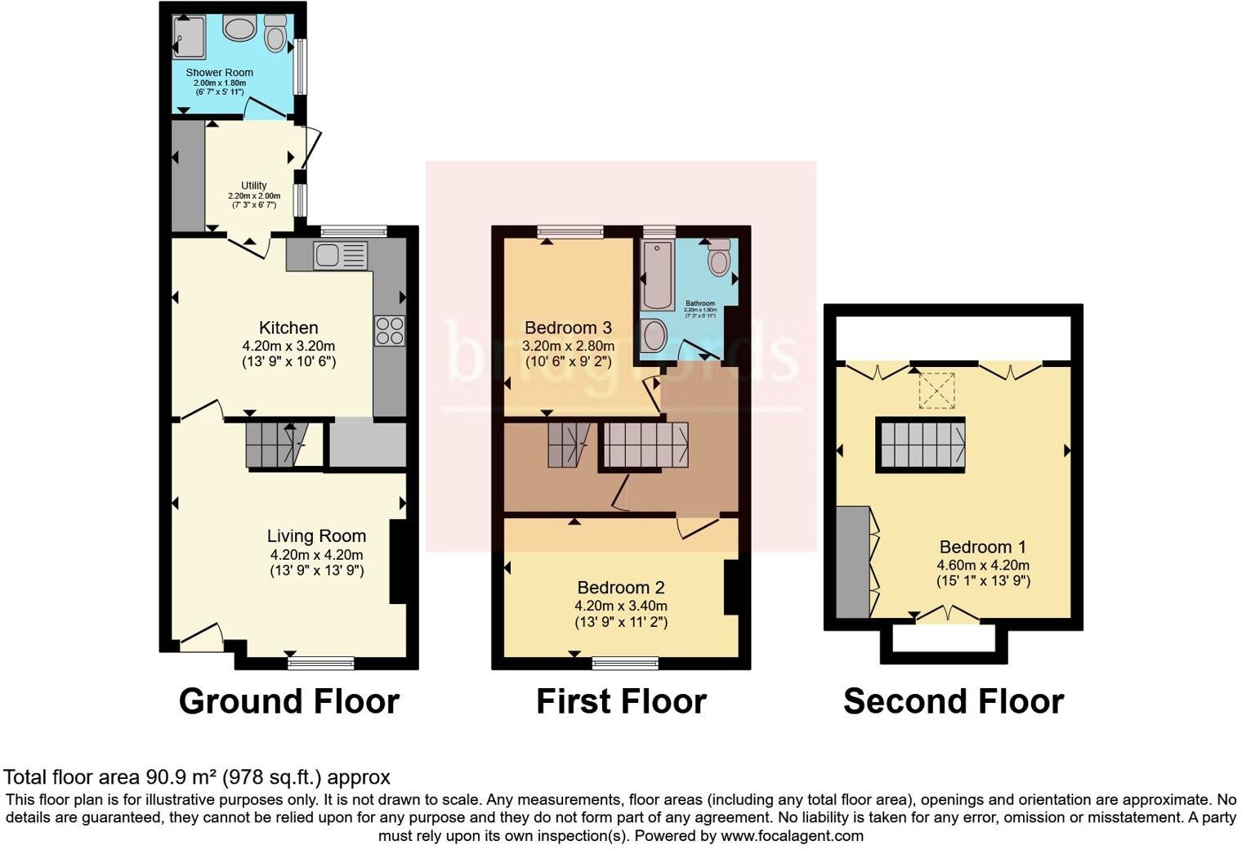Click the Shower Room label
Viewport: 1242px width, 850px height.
coord(219,73)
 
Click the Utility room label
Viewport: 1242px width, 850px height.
coord(253,186)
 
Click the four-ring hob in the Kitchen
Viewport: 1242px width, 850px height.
coord(389,331)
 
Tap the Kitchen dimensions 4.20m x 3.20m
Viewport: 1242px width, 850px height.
coord(288,346)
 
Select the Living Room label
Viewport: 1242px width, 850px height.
coord(316,536)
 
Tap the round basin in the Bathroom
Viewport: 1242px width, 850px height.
coord(654,335)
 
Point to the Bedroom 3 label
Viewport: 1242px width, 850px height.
coord(568,328)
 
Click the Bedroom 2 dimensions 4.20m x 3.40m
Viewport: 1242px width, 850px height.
coord(620,606)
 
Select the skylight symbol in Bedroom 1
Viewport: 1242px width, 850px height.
coord(936,390)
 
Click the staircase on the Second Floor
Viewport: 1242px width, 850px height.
coord(921,445)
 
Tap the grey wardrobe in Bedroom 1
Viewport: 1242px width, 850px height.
coord(853,561)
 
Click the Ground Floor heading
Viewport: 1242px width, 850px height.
coord(288,701)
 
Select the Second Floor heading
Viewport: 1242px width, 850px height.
coord(953,701)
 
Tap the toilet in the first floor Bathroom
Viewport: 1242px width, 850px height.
coord(719,259)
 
